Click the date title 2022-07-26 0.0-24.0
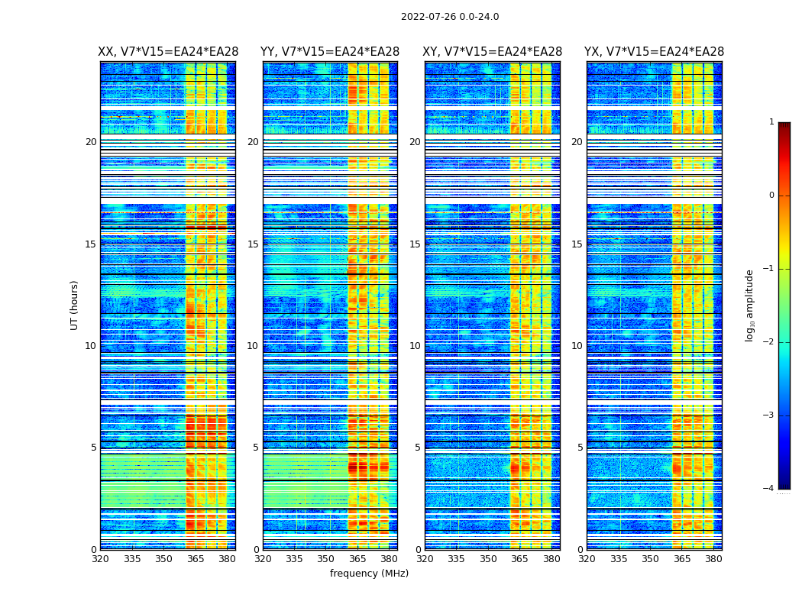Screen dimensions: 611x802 (x=450, y=17)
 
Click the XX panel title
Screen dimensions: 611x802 (x=168, y=52)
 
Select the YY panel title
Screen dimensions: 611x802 (x=330, y=52)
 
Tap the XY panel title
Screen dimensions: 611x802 (x=493, y=52)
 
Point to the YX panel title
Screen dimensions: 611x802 (x=654, y=52)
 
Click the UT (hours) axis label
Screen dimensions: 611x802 (x=75, y=305)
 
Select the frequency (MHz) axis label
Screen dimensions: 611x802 (x=369, y=574)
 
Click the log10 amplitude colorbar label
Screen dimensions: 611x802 (x=750, y=305)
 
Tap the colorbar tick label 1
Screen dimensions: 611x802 (x=771, y=122)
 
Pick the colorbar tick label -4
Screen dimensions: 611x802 (x=769, y=489)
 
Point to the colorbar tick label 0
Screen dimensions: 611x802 (x=771, y=196)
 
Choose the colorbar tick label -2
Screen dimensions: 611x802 (x=769, y=342)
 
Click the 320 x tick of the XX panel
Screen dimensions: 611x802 (x=100, y=559)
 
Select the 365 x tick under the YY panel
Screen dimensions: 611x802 (x=357, y=559)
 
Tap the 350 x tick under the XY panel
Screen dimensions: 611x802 (x=488, y=559)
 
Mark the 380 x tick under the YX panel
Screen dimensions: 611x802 (x=713, y=559)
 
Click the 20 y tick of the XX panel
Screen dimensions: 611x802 (x=91, y=142)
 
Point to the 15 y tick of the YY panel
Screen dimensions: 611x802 (x=253, y=244)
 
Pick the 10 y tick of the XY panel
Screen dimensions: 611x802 (x=415, y=346)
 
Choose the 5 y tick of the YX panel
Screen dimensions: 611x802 (x=580, y=448)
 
